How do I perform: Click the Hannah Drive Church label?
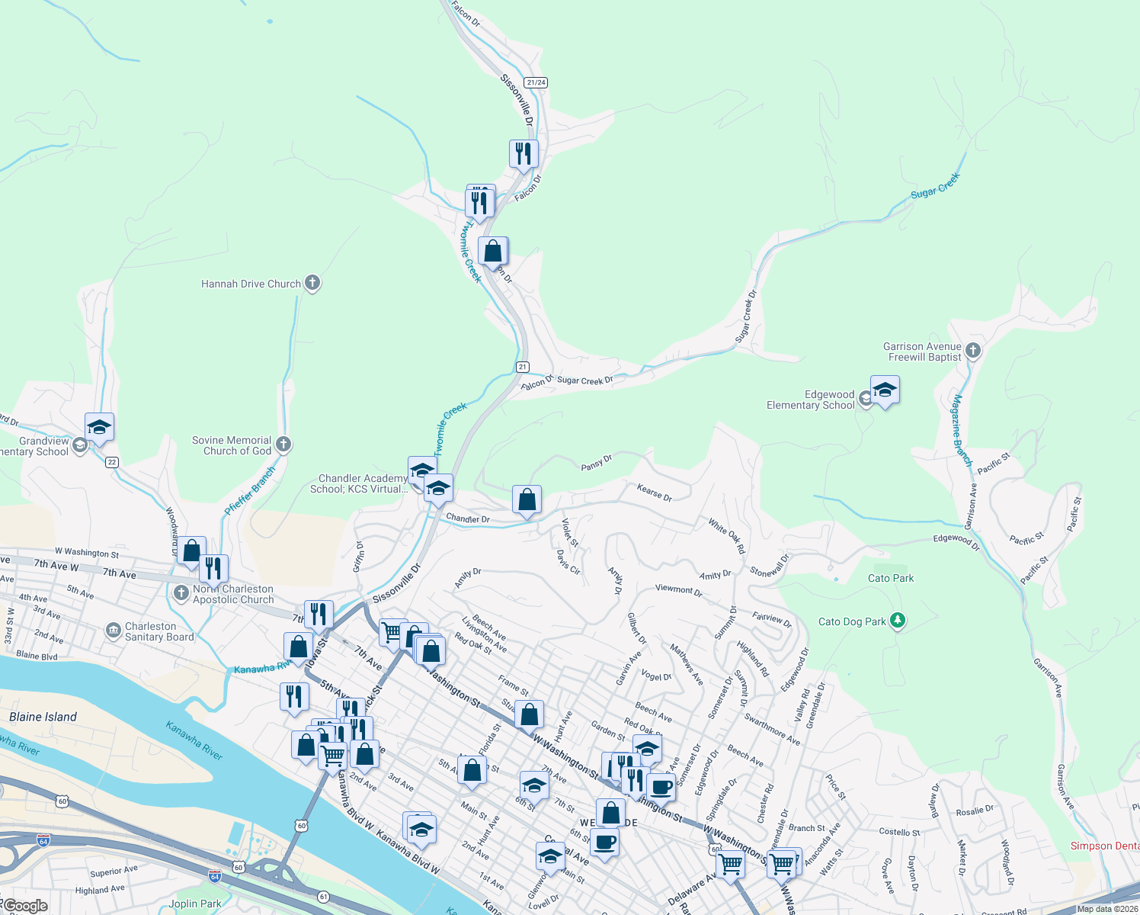click(x=251, y=284)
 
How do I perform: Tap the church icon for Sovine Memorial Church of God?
click(x=283, y=445)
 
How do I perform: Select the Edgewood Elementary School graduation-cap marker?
click(x=884, y=391)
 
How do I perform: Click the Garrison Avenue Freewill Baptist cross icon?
click(x=972, y=351)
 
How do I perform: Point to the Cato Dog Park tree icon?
click(x=898, y=621)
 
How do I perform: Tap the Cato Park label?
click(x=891, y=578)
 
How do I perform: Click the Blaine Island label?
click(x=43, y=717)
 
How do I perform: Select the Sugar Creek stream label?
click(x=936, y=186)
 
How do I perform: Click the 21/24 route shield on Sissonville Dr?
click(x=536, y=82)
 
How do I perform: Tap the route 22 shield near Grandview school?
click(x=112, y=462)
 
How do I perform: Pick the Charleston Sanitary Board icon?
click(x=114, y=631)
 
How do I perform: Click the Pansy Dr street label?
click(x=597, y=463)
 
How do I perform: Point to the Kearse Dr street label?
click(x=654, y=493)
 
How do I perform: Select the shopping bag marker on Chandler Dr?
click(x=527, y=500)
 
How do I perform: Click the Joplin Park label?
click(x=195, y=904)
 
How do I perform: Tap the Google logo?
click(x=24, y=906)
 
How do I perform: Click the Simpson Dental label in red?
click(x=1105, y=846)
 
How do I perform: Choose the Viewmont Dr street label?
click(x=679, y=590)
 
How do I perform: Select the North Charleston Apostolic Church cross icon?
click(x=181, y=593)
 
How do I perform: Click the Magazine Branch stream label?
click(x=962, y=431)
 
